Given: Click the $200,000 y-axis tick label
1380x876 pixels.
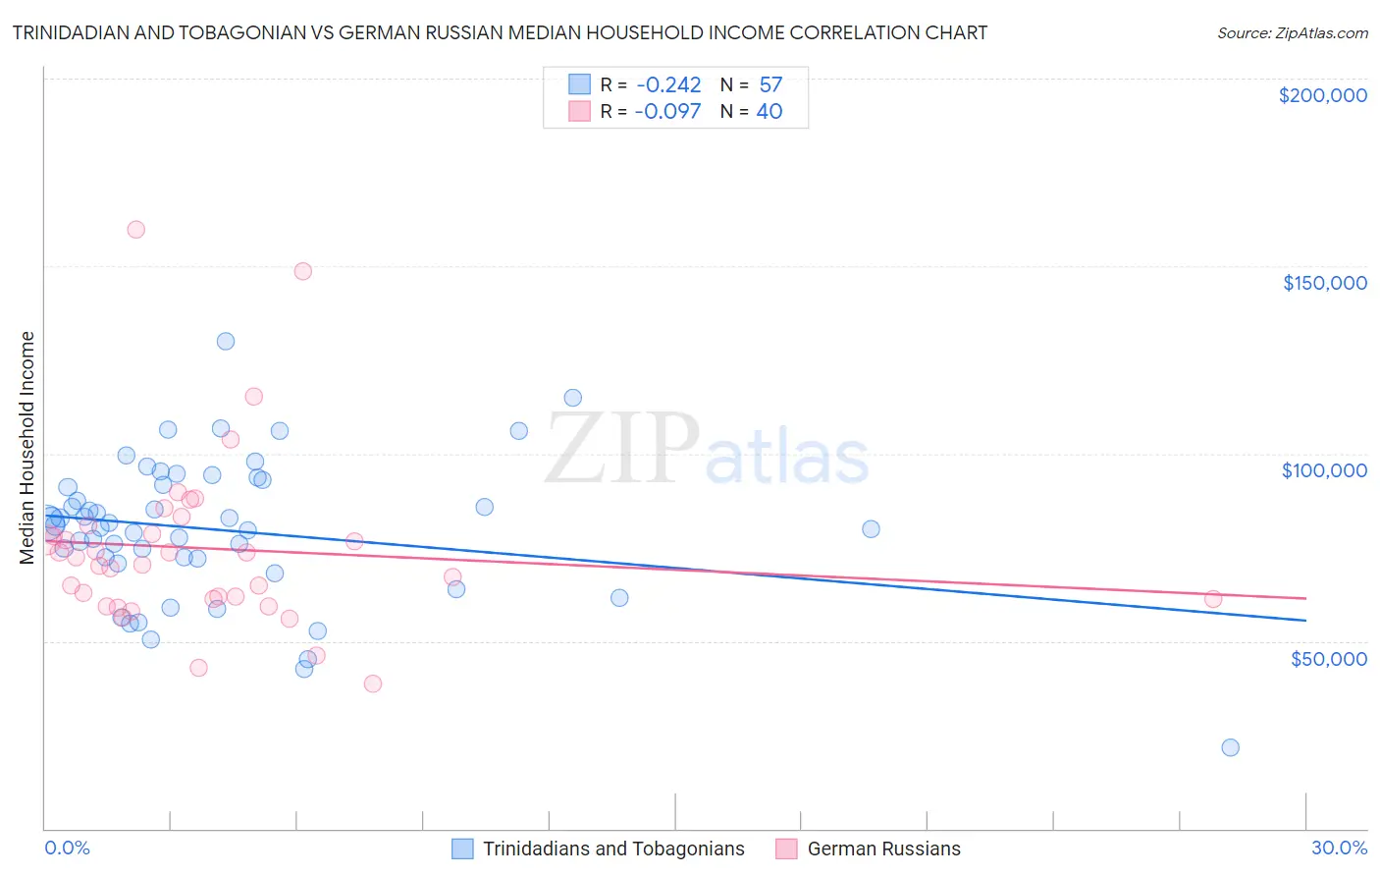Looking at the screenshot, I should pyautogui.click(x=1322, y=95).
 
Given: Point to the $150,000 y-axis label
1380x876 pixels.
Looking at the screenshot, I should pyautogui.click(x=1324, y=283).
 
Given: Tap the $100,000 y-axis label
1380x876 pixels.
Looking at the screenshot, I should pyautogui.click(x=1324, y=470).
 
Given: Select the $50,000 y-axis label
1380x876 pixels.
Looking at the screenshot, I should pyautogui.click(x=1328, y=658).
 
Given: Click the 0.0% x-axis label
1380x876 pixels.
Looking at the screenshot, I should pyautogui.click(x=67, y=848).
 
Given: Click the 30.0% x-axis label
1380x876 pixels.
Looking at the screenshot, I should pyautogui.click(x=1339, y=848).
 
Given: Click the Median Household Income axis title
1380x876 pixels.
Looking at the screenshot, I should pyautogui.click(x=27, y=448).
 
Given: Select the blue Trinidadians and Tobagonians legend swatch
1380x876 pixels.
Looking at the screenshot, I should pyautogui.click(x=462, y=849).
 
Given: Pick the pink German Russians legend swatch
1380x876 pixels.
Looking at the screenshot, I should pyautogui.click(x=786, y=849).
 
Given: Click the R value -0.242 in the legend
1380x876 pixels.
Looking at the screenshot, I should pyautogui.click(x=667, y=84).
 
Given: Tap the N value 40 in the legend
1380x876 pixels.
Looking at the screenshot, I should pyautogui.click(x=769, y=112).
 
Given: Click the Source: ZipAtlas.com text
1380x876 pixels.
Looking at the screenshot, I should pyautogui.click(x=1292, y=32).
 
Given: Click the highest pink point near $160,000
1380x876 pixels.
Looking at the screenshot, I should pyautogui.click(x=136, y=230).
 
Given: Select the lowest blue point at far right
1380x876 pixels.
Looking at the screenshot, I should pyautogui.click(x=1230, y=747).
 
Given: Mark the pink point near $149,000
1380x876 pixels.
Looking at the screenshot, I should pyautogui.click(x=303, y=271).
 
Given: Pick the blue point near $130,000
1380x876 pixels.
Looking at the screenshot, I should pyautogui.click(x=226, y=342).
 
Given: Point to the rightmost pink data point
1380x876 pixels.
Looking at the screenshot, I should pyautogui.click(x=1213, y=599).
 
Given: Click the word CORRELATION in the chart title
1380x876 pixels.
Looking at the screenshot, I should pyautogui.click(x=849, y=32).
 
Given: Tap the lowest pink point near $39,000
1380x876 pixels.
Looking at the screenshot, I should pyautogui.click(x=373, y=684).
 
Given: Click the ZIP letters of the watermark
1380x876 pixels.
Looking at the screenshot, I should pyautogui.click(x=622, y=449).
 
